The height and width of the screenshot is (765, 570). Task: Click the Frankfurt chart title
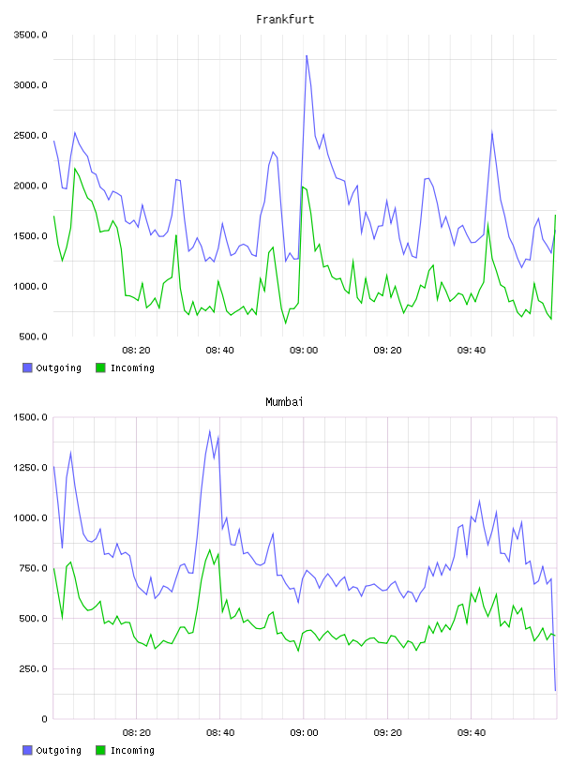coord(285,20)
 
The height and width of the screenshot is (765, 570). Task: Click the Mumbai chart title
coord(284,402)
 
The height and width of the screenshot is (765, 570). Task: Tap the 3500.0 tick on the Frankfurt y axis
coord(31,35)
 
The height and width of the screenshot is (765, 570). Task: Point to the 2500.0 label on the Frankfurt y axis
coord(31,135)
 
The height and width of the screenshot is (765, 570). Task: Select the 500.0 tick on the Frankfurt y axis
coord(33,337)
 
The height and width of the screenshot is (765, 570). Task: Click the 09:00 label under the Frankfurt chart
coord(304,351)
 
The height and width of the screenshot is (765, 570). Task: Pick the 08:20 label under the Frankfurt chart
coord(136,351)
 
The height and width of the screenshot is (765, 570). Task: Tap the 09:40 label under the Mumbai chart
coord(472,733)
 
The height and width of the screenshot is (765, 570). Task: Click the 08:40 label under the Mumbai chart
coord(220,733)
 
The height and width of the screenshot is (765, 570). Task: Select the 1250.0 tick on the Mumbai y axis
coord(31,468)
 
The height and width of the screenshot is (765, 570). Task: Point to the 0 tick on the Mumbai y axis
coord(44,719)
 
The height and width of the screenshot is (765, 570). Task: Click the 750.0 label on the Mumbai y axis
coord(33,568)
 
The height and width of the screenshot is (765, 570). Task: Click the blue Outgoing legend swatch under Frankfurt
coord(27,367)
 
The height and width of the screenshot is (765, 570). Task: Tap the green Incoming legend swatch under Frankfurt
coord(100,367)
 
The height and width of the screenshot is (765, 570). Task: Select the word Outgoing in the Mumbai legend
coord(58,750)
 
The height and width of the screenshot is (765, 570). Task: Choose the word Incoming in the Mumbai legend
coord(132,750)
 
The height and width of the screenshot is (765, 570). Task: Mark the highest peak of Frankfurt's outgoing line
coord(307,55)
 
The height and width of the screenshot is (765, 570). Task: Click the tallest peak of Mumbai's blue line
coord(210,431)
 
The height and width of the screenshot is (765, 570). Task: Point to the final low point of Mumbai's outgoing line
coord(555,690)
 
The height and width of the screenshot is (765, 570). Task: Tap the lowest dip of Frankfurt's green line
coord(286,323)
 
